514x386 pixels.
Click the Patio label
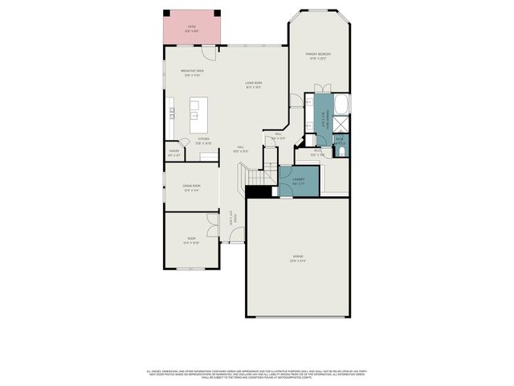click(x=192, y=28)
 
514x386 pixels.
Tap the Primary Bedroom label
click(x=318, y=55)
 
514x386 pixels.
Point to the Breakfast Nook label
click(x=192, y=72)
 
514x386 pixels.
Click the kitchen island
click(x=198, y=109)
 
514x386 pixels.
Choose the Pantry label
click(x=174, y=152)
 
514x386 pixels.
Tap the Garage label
click(x=297, y=258)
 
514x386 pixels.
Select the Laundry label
click(x=299, y=180)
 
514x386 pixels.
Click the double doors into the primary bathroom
click(x=308, y=101)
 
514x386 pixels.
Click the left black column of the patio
click(x=167, y=12)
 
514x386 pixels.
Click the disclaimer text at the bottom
click(x=257, y=373)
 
